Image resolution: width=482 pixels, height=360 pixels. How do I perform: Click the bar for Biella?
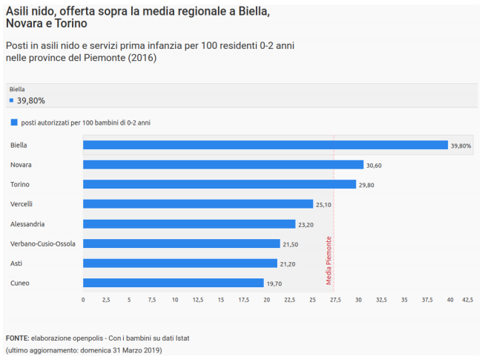click(265, 145)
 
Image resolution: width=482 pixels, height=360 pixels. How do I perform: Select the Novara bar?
click(223, 165)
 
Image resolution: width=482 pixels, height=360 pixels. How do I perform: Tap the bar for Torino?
click(219, 184)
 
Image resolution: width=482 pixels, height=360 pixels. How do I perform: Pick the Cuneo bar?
click(174, 283)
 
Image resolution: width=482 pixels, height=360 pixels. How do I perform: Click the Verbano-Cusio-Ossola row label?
click(42, 243)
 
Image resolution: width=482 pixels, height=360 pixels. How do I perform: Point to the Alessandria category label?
click(27, 223)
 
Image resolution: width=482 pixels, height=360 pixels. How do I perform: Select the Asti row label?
click(17, 263)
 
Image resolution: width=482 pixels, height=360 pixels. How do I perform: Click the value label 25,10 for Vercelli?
click(324, 204)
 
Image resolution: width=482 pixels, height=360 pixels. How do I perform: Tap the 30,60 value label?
click(374, 165)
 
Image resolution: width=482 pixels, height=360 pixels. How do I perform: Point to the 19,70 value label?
click(275, 283)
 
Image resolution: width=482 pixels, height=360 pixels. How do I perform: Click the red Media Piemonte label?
click(329, 261)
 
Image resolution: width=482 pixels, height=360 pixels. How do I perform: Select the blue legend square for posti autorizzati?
click(13, 122)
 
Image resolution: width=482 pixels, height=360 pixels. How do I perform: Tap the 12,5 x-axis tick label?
click(198, 300)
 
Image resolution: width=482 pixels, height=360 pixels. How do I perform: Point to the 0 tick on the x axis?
click(83, 300)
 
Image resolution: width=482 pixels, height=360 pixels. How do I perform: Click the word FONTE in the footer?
click(17, 338)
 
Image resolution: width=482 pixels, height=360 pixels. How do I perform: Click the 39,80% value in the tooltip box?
click(31, 100)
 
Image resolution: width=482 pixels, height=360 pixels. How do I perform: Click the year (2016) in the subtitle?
click(141, 58)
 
